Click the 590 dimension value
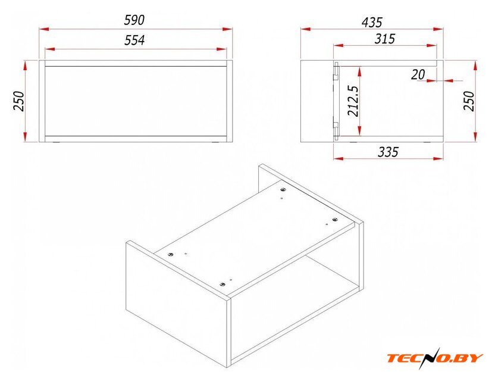[134, 20]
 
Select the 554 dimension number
[134, 40]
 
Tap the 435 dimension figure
[372, 23]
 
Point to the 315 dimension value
[385, 39]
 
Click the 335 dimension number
[388, 152]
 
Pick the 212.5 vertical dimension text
[353, 101]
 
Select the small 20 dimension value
[418, 75]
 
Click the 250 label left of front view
[19, 101]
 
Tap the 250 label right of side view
[469, 101]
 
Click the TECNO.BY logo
[434, 358]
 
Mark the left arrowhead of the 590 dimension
[44, 29]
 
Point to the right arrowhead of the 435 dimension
[438, 29]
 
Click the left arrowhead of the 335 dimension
[339, 158]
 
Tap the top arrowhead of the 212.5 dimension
[359, 71]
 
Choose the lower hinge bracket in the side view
[336, 129]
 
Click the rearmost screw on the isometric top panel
[283, 189]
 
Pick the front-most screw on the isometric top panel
[223, 284]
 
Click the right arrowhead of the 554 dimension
[221, 49]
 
